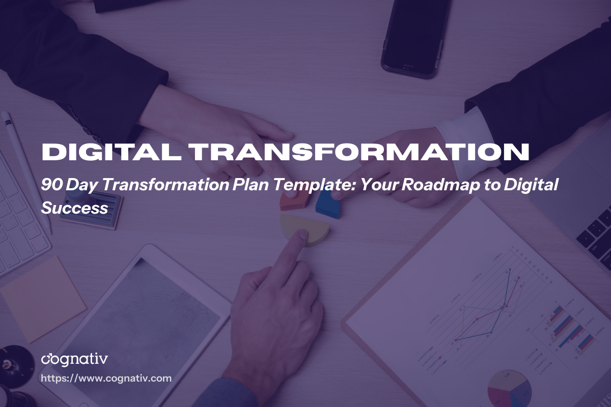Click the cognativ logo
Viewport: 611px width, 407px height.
[74, 359]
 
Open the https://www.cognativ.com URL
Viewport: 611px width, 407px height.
[106, 379]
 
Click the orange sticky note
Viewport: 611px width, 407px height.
[43, 297]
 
